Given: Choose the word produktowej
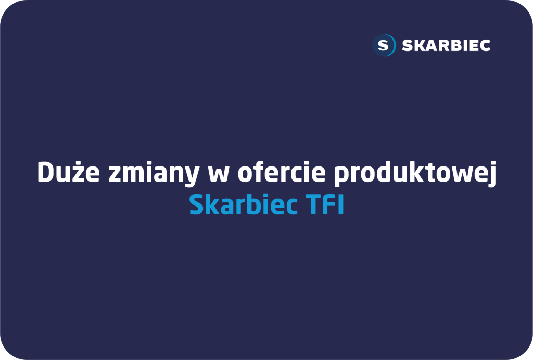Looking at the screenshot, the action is click(x=415, y=173).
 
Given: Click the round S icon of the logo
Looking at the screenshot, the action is click(x=384, y=45).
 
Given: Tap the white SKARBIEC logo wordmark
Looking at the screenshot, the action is click(x=446, y=45).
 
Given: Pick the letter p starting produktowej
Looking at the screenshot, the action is click(x=342, y=176).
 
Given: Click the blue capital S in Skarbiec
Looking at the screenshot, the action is click(x=196, y=205).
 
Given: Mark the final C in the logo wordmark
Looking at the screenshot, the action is click(x=485, y=45).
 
